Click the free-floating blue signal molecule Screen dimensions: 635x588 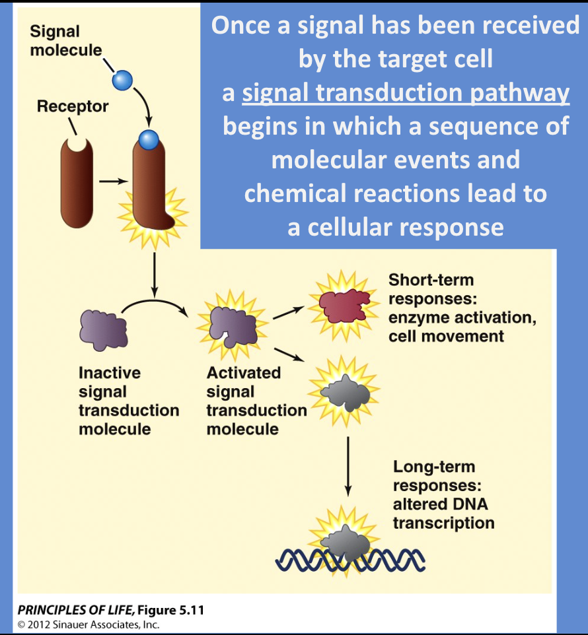pos(122,80)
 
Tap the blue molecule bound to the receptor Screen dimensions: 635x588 pos(148,139)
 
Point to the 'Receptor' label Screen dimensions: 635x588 pos(73,106)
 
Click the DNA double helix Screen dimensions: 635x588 pos(350,560)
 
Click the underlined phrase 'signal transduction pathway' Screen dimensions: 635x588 pos(406,93)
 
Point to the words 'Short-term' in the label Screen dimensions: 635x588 pos(431,279)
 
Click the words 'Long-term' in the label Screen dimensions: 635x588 pos(434,467)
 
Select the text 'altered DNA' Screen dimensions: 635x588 pos(433,504)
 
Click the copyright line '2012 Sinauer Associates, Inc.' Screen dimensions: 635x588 pos(92,624)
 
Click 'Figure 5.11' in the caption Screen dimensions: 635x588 pos(172,610)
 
